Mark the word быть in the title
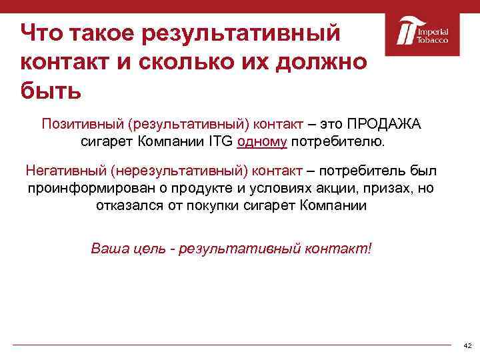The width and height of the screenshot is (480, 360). tap(51, 89)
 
